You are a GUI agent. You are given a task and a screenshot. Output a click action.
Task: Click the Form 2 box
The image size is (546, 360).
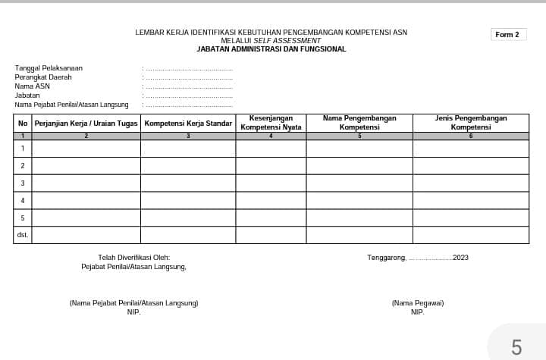click(507, 35)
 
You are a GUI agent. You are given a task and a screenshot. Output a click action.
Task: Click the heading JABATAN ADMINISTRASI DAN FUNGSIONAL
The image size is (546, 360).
click(271, 49)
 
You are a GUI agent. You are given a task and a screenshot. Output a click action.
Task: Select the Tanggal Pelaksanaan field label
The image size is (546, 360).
click(49, 68)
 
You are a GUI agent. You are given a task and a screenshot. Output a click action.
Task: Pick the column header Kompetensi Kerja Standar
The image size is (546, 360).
click(188, 123)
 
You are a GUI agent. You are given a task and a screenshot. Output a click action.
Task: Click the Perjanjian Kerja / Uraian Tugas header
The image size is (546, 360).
click(86, 123)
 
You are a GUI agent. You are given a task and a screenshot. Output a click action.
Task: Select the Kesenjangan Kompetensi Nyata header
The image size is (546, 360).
click(271, 123)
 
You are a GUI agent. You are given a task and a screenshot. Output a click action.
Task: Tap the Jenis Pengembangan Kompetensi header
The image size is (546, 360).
click(470, 123)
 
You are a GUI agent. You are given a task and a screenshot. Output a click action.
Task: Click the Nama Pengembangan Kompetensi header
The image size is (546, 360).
click(359, 123)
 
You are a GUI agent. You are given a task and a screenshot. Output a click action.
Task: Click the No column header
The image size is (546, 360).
click(23, 123)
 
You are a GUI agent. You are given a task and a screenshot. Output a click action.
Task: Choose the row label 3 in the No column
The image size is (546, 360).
click(23, 183)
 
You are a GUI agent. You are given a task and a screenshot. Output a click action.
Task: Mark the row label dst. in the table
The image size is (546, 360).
click(23, 235)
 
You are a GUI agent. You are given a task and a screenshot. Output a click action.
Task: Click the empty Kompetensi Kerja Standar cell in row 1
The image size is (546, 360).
click(188, 148)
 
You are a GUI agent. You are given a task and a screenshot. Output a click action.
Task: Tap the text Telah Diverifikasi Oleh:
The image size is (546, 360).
click(134, 258)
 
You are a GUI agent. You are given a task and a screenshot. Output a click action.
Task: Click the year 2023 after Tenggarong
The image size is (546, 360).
click(460, 258)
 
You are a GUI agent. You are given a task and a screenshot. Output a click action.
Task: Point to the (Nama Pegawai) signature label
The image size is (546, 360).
click(418, 303)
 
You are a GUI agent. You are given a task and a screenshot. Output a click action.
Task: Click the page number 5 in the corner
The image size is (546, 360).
click(516, 347)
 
